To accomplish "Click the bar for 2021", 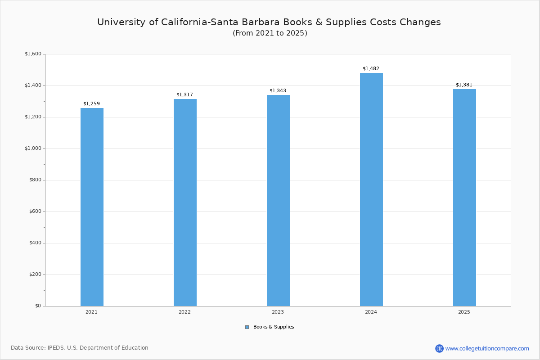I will pos(92,207).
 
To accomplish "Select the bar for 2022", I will pos(185,202).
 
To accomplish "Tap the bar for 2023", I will pos(278,200).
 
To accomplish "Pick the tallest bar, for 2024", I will pos(371,189).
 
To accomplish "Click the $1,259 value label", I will pos(91,103).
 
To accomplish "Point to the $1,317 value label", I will pos(184,94).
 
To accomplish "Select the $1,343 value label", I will pos(278,90).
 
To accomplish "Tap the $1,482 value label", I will pos(371,68).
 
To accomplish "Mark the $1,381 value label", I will pos(464,85).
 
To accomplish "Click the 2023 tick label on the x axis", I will pos(278,312).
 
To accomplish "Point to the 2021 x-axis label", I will pos(91,312).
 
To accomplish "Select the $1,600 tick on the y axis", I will pos(33,54).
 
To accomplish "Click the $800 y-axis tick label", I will pos(34,180).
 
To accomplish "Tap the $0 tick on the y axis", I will pos(38,306).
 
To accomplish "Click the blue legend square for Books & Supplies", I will pos(247,327).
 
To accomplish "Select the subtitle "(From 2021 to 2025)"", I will pos(270,33).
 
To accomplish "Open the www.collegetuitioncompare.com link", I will pos(487,348).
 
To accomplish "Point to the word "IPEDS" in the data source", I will pos(56,348).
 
